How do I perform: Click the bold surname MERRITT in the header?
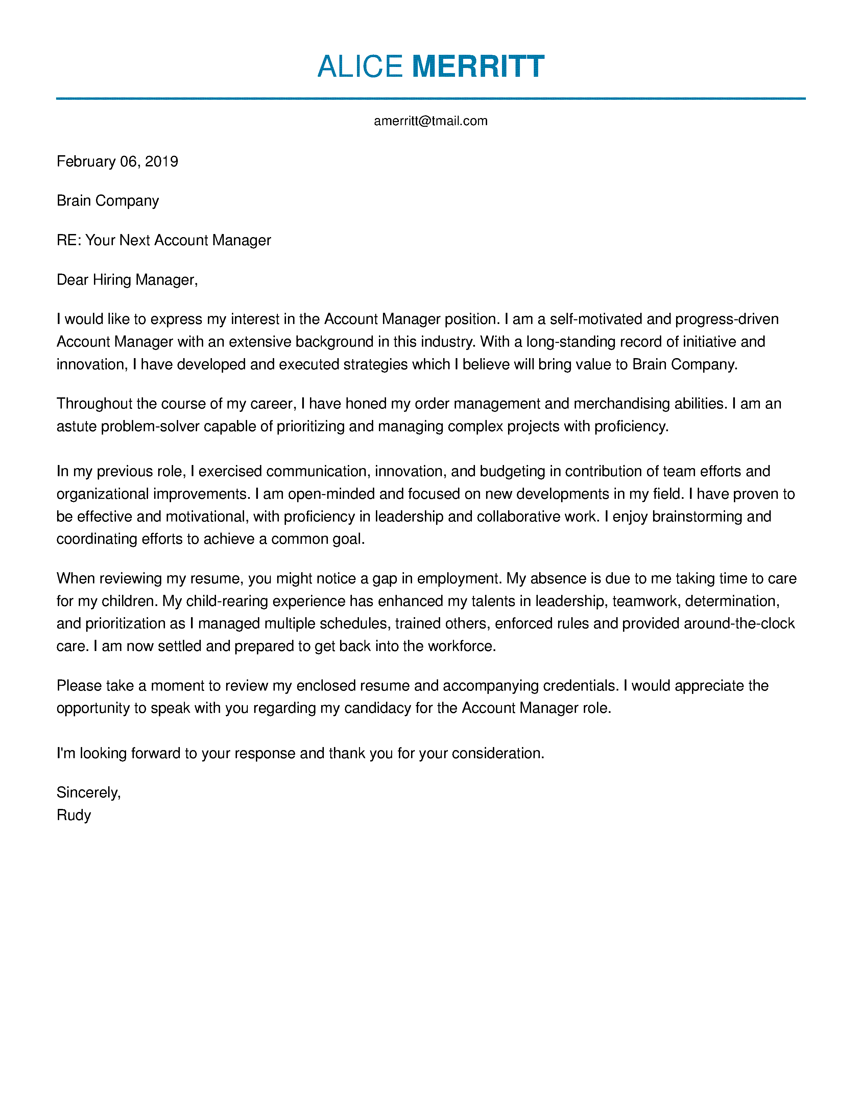pyautogui.click(x=478, y=66)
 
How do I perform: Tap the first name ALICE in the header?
pyautogui.click(x=360, y=66)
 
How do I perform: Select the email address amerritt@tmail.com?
pyautogui.click(x=430, y=121)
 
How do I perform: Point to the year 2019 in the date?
pyautogui.click(x=161, y=161)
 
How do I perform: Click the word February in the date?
pyautogui.click(x=86, y=161)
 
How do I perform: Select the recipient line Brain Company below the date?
pyautogui.click(x=108, y=201)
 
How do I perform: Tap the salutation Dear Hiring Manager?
pyautogui.click(x=127, y=280)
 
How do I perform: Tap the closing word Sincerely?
pyautogui.click(x=88, y=793)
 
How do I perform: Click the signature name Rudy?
pyautogui.click(x=74, y=815)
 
